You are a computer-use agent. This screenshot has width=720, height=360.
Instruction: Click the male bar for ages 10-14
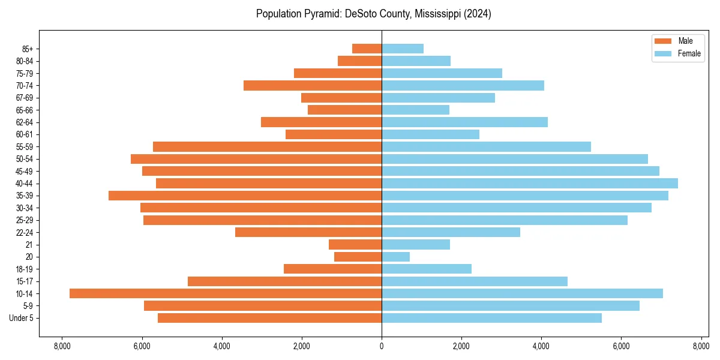226,293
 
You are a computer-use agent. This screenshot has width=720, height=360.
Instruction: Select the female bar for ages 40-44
530,183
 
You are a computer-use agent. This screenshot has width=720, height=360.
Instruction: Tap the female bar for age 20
396,257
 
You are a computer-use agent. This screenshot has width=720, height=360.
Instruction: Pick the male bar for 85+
367,49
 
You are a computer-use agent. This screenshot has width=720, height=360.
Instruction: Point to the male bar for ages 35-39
245,196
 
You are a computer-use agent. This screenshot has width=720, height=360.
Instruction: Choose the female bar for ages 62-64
464,122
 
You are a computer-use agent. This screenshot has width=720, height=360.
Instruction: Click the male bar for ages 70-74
313,85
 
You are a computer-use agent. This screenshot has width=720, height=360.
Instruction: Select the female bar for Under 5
491,318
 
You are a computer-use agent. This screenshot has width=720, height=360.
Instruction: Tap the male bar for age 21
355,244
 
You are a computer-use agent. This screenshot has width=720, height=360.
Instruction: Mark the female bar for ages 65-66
415,110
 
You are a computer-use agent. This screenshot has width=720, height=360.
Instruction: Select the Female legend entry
678,53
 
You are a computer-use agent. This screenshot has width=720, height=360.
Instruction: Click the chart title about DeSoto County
373,14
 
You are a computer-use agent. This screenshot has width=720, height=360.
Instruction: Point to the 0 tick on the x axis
382,346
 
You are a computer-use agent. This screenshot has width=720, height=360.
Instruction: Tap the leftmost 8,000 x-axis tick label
62,346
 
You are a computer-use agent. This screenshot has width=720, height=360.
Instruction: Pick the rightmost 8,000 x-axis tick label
701,346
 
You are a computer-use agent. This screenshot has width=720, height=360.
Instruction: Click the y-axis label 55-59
29,146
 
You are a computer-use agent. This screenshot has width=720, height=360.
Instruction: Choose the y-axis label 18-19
29,269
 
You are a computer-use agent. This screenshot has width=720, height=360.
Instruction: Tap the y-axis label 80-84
29,61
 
